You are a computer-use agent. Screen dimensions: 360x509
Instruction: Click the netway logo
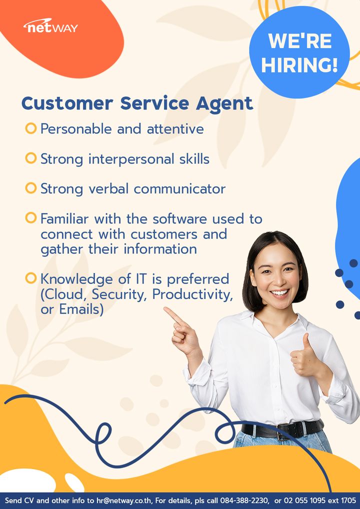tap(50, 26)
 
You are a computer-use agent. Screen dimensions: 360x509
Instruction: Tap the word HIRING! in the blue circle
tap(299, 64)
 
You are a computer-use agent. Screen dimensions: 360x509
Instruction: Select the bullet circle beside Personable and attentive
tap(31, 128)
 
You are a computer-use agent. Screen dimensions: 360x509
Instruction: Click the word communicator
tap(179, 189)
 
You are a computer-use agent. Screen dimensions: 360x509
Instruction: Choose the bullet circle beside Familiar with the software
tap(31, 217)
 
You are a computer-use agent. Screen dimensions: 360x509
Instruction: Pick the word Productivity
tap(192, 295)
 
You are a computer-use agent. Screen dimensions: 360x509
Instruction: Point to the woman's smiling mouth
tap(280, 293)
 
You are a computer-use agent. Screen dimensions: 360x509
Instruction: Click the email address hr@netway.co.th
tap(124, 500)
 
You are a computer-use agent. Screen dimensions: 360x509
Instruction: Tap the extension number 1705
tap(348, 500)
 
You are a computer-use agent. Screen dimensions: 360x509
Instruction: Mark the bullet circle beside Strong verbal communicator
tap(31, 188)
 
